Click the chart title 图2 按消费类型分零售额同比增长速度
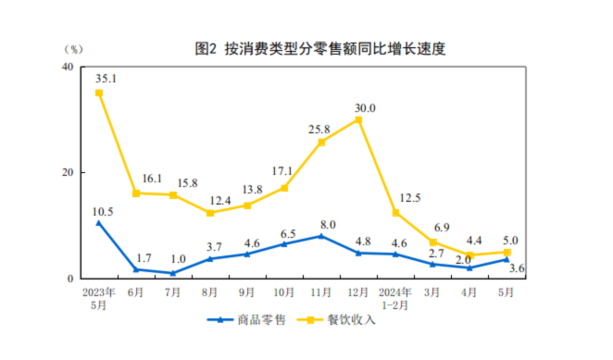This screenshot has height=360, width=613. pos(320,49)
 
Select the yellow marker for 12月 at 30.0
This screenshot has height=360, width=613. pos(358,120)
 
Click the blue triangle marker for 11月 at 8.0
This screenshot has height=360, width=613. pos(321,236)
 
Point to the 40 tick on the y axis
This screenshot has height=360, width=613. pos(68,68)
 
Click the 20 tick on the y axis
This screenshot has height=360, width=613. pos(68,173)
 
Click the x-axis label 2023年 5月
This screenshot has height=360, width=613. pos(98,297)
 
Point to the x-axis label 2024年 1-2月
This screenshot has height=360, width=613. pos(395,297)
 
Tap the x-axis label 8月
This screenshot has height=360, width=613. pos(210,292)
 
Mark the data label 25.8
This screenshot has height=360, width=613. pos(320,128)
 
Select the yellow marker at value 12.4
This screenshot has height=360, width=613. pos(210,213)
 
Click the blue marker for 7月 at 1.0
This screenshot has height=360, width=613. pos(173,273)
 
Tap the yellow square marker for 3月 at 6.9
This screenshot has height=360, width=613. pos(432,242)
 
